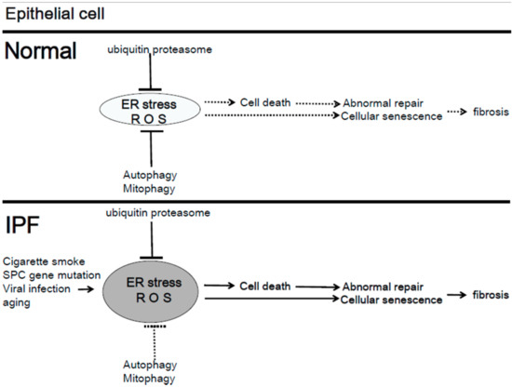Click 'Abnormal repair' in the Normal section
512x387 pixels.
384,102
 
